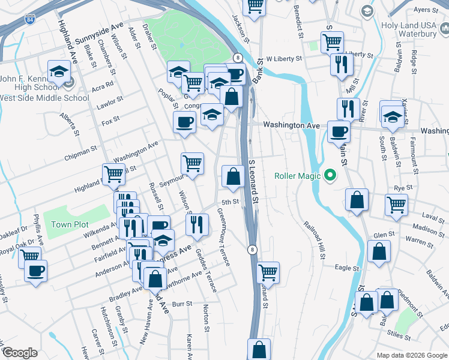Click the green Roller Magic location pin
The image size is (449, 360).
point(328,176)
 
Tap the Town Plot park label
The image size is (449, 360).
point(70,224)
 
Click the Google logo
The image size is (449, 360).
point(20,353)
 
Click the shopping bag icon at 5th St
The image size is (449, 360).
point(232,176)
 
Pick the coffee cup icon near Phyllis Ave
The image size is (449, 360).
point(35,270)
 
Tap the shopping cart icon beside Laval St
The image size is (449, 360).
point(397,204)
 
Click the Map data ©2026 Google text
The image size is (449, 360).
point(411,355)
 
